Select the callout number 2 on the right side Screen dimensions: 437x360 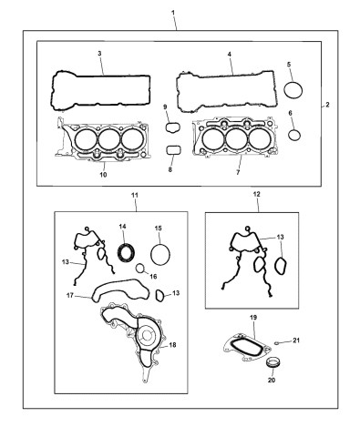pos(328,106)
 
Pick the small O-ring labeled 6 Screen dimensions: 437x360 pos(294,136)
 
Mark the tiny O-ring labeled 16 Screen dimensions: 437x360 pos(139,269)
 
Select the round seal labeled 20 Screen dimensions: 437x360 pos(272,365)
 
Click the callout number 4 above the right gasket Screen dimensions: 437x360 pos(230,56)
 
